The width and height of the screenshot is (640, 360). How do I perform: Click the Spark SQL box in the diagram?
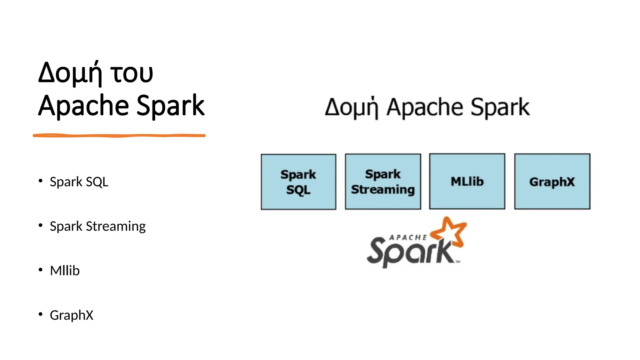coord(298,182)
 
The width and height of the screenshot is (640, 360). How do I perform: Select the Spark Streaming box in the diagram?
coord(383,182)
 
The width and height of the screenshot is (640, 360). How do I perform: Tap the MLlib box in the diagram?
coord(467,181)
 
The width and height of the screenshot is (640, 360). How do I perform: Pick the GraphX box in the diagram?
coord(552,182)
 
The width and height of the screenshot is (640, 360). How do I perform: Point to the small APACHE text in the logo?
coord(408,237)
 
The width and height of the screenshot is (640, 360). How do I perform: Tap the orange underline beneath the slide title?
coord(119,136)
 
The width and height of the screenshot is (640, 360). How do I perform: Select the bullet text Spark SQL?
coord(79,182)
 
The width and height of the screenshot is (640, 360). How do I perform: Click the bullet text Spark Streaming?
coord(97,226)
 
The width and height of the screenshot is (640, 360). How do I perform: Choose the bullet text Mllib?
coord(65,271)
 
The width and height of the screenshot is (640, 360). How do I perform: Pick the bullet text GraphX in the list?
coord(72,315)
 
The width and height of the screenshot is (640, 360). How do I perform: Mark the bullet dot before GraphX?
coord(40,314)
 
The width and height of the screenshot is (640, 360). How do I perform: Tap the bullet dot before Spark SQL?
coord(40,181)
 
